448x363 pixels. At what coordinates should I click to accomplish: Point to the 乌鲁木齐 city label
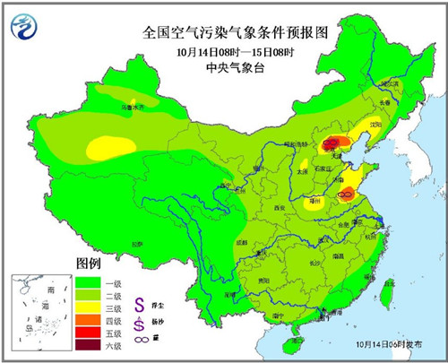133,108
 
